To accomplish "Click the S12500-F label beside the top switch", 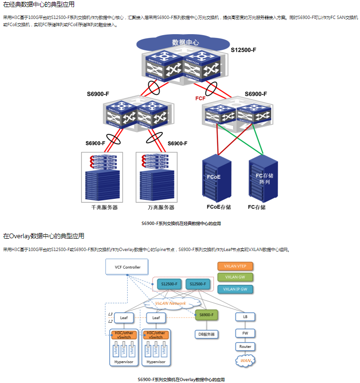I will coord(243,50).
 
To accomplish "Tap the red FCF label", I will coord(200,98).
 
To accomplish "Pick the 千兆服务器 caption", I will coord(104,207).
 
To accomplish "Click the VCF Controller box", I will coord(127,267).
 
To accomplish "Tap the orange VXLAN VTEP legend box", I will coord(235,266).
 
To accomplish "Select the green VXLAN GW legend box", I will coord(235,277).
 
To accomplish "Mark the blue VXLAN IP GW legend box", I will coord(235,289).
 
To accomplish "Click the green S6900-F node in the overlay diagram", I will coord(206,315).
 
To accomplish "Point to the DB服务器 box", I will coord(206,334).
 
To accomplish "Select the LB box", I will coord(245,316).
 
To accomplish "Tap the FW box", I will coord(245,333).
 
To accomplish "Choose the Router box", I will coord(245,346).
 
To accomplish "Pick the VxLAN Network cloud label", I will coord(170,303).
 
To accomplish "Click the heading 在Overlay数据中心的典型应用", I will coord(44,236).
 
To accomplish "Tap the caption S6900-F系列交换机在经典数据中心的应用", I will coord(181,223).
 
